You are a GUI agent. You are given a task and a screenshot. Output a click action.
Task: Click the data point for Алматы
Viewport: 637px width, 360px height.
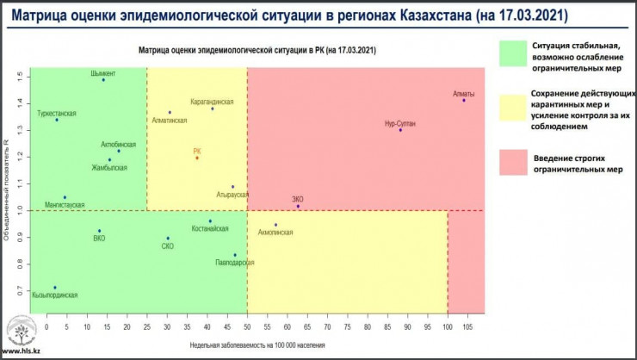tap(463, 101)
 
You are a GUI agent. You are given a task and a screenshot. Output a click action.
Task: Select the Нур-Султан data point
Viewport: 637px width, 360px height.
tap(400, 130)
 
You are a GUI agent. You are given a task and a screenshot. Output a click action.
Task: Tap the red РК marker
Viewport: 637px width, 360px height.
tap(197, 158)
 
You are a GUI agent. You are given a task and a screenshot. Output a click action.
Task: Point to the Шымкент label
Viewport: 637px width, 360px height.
tap(102, 73)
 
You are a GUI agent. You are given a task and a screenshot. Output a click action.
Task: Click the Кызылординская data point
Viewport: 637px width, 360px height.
tap(55, 288)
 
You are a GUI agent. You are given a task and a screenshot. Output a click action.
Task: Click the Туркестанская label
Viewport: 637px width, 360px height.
tap(57, 113)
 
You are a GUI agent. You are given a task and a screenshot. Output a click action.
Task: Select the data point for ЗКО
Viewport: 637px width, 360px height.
tap(298, 207)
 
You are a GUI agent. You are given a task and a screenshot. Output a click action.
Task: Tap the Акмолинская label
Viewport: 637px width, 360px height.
tap(275, 233)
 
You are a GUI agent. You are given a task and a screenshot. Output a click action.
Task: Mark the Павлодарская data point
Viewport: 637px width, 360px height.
tap(235, 255)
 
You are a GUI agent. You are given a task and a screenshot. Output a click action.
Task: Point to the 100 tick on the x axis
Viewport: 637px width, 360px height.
tap(448, 327)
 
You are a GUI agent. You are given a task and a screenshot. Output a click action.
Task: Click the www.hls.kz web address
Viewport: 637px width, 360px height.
tap(21, 353)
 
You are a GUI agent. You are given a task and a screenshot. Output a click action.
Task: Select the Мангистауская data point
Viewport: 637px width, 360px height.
tap(65, 197)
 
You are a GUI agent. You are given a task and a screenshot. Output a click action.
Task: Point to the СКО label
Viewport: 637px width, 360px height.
tap(168, 246)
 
